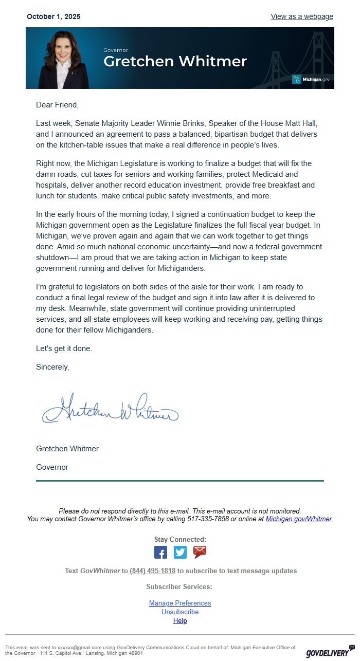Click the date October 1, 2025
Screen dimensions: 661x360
click(x=53, y=16)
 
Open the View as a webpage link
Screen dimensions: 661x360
click(x=302, y=16)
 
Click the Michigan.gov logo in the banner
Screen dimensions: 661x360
click(x=311, y=79)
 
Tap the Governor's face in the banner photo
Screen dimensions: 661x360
click(x=64, y=49)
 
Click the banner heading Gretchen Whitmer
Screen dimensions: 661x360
click(x=175, y=62)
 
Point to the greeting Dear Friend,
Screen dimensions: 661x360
click(x=58, y=105)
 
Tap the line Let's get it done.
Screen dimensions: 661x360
click(x=64, y=348)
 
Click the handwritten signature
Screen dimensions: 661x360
click(x=110, y=409)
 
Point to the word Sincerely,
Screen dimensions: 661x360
click(x=52, y=367)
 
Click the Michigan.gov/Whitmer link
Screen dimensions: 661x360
click(x=298, y=519)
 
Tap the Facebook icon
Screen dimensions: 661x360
click(x=160, y=552)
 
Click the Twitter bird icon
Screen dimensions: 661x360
click(x=180, y=552)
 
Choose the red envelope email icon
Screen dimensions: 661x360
click(x=200, y=552)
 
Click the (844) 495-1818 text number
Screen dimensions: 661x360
click(x=153, y=571)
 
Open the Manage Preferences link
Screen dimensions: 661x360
click(x=180, y=603)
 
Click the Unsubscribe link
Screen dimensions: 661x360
click(x=180, y=612)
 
